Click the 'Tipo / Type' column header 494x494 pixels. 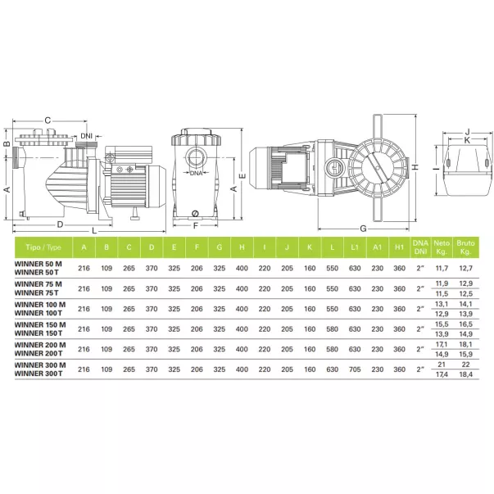(x=43, y=247)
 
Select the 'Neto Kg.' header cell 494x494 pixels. (x=442, y=247)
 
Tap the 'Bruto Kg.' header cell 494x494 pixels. (x=465, y=247)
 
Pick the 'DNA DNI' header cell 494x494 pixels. (x=420, y=247)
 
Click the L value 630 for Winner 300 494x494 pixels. (x=332, y=369)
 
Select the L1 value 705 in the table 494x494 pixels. (x=355, y=369)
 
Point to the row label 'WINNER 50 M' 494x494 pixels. (x=39, y=264)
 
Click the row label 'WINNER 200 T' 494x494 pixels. (x=39, y=353)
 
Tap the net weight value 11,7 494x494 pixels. (x=442, y=269)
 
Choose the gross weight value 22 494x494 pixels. (x=465, y=365)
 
